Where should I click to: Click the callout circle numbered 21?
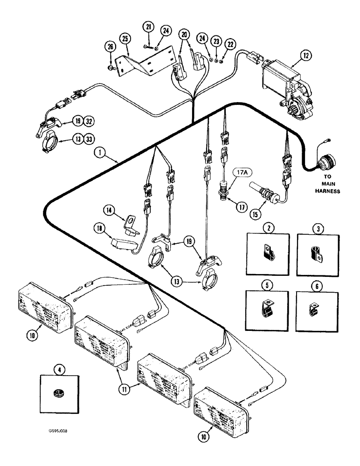click(x=148, y=27)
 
